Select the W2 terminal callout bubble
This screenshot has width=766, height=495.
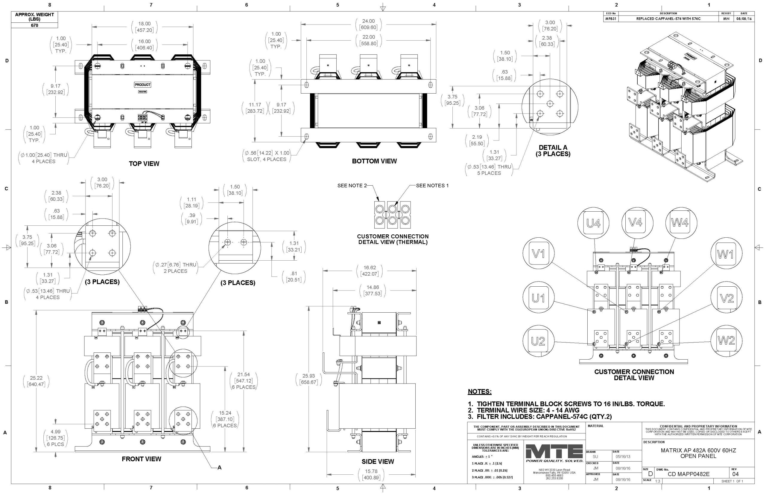(x=726, y=341)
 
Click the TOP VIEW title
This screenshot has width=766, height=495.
(x=144, y=164)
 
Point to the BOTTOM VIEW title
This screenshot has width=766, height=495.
(x=374, y=161)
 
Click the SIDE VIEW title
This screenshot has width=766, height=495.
(x=377, y=462)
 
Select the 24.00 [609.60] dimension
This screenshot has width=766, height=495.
(x=368, y=24)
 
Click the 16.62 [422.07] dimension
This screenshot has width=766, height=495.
(x=369, y=271)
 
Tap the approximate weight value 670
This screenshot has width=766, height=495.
(x=34, y=25)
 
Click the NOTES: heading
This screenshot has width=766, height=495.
(x=479, y=392)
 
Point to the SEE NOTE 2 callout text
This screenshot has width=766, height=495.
(x=352, y=185)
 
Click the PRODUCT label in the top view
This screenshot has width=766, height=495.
(x=142, y=85)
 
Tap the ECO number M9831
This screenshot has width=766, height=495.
(x=610, y=19)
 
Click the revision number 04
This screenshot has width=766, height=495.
(x=735, y=474)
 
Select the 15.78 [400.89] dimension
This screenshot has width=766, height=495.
(x=371, y=474)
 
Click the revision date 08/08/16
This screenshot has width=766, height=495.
(x=744, y=19)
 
